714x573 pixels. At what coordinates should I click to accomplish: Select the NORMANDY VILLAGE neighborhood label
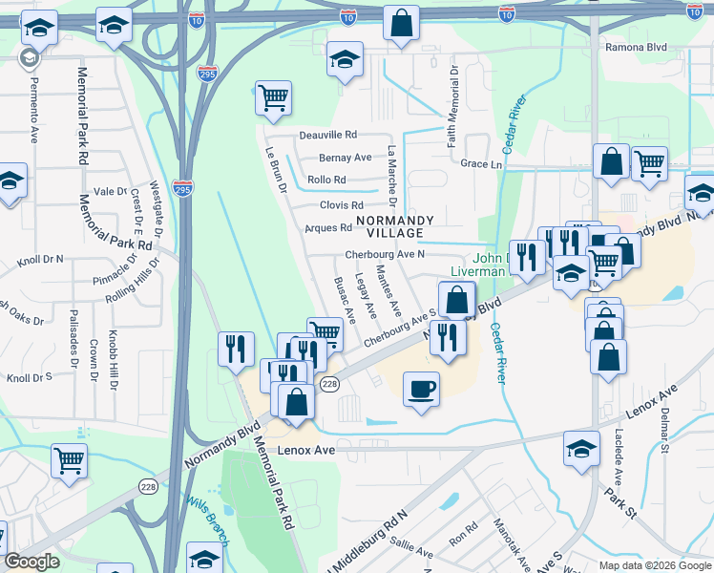(394, 226)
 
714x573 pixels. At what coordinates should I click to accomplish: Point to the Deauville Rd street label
(327, 136)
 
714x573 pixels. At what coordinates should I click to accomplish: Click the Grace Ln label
(481, 164)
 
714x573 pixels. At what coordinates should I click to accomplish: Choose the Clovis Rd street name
(342, 205)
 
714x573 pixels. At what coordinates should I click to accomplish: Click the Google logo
(32, 562)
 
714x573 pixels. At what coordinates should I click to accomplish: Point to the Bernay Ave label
(345, 158)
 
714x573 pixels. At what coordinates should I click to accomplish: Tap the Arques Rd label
(328, 228)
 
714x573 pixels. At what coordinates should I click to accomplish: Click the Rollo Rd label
(326, 180)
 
